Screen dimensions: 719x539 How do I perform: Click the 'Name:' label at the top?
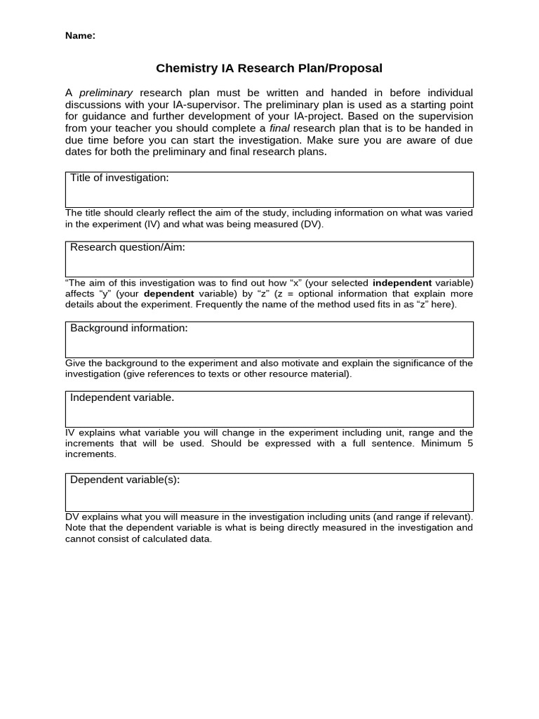coord(80,36)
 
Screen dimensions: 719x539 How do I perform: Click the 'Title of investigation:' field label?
coord(119,178)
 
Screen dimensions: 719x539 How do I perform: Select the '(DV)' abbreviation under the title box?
coord(312,225)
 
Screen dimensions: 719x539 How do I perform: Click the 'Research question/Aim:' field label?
coord(127,247)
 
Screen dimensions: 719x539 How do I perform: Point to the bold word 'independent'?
coord(401,283)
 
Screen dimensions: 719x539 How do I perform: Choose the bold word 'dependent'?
coord(168,293)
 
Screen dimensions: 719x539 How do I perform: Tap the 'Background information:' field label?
coord(128,328)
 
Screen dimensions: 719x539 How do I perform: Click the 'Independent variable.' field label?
coord(122,397)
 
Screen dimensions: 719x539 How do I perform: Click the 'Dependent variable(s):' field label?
coord(125,480)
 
